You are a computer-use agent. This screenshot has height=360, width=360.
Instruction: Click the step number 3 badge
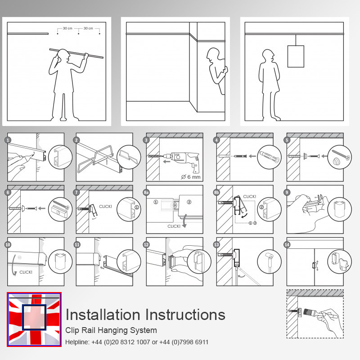pyautogui.click(x=146, y=140)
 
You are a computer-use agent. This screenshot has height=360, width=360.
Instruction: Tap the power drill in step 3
pyautogui.click(x=184, y=161)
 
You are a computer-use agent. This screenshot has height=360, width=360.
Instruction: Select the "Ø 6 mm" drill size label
pyautogui.click(x=190, y=177)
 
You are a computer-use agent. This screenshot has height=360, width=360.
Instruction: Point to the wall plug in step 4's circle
pyautogui.click(x=269, y=156)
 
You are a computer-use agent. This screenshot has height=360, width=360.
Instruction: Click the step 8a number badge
pyautogui.click(x=146, y=193)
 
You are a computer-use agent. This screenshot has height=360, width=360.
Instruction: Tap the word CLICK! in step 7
pyautogui.click(x=105, y=207)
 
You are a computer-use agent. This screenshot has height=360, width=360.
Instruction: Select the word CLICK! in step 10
pyautogui.click(x=26, y=272)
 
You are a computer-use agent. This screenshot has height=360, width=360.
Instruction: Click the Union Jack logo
pyautogui.click(x=34, y=319)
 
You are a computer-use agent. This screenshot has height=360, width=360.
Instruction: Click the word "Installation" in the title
pyautogui.click(x=103, y=315)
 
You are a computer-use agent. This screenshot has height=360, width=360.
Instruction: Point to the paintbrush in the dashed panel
pyautogui.click(x=312, y=312)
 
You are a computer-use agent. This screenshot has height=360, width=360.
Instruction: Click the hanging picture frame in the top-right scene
pyautogui.click(x=296, y=56)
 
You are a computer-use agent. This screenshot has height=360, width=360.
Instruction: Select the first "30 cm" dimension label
pyautogui.click(x=67, y=28)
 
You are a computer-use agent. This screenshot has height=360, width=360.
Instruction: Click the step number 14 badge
pyautogui.click(x=287, y=244)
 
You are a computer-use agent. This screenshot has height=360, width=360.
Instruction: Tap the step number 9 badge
pyautogui.click(x=287, y=193)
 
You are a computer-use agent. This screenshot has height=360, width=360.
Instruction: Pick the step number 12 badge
pyautogui.click(x=146, y=244)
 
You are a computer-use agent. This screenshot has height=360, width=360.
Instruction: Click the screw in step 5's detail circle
pyautogui.click(x=341, y=154)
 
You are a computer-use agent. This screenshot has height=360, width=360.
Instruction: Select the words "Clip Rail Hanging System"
pyautogui.click(x=111, y=330)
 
